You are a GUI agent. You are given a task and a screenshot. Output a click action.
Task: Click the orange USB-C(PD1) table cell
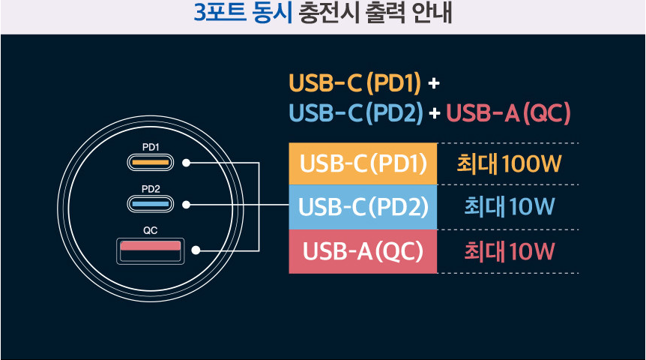(x=363, y=163)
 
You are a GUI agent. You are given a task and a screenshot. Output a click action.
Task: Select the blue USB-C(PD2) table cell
(x=363, y=206)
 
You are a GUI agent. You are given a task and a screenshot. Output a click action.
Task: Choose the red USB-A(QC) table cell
(x=363, y=250)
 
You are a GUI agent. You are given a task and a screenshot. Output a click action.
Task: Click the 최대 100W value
(x=509, y=163)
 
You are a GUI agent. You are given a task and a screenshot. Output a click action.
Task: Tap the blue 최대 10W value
(x=509, y=206)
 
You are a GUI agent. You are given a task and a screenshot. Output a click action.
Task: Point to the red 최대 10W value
(x=509, y=250)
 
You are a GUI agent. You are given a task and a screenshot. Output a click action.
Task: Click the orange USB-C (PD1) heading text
(x=354, y=81)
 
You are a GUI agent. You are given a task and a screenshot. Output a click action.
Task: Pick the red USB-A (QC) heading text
(x=509, y=113)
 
